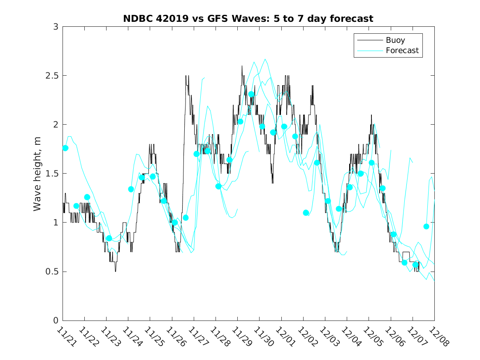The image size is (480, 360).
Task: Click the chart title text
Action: (248, 19)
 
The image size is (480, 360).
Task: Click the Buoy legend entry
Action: (395, 40)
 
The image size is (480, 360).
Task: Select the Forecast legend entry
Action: (402, 51)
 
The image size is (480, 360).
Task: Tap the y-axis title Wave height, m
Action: (37, 173)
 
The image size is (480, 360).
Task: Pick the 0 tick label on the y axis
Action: (55, 321)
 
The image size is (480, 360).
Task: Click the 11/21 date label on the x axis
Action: (66, 337)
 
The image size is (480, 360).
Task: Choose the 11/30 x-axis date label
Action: (263, 337)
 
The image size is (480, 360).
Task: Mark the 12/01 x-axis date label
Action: (285, 337)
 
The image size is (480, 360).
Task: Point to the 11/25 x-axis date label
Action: (153, 337)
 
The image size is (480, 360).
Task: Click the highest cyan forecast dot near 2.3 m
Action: (251, 94)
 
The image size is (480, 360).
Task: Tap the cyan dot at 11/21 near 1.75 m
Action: (65, 148)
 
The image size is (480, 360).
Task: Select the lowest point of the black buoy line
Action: (116, 271)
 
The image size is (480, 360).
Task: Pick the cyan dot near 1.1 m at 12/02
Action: (306, 213)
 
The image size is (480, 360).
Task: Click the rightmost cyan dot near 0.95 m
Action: (427, 227)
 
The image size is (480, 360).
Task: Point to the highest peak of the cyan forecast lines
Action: (265, 59)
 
